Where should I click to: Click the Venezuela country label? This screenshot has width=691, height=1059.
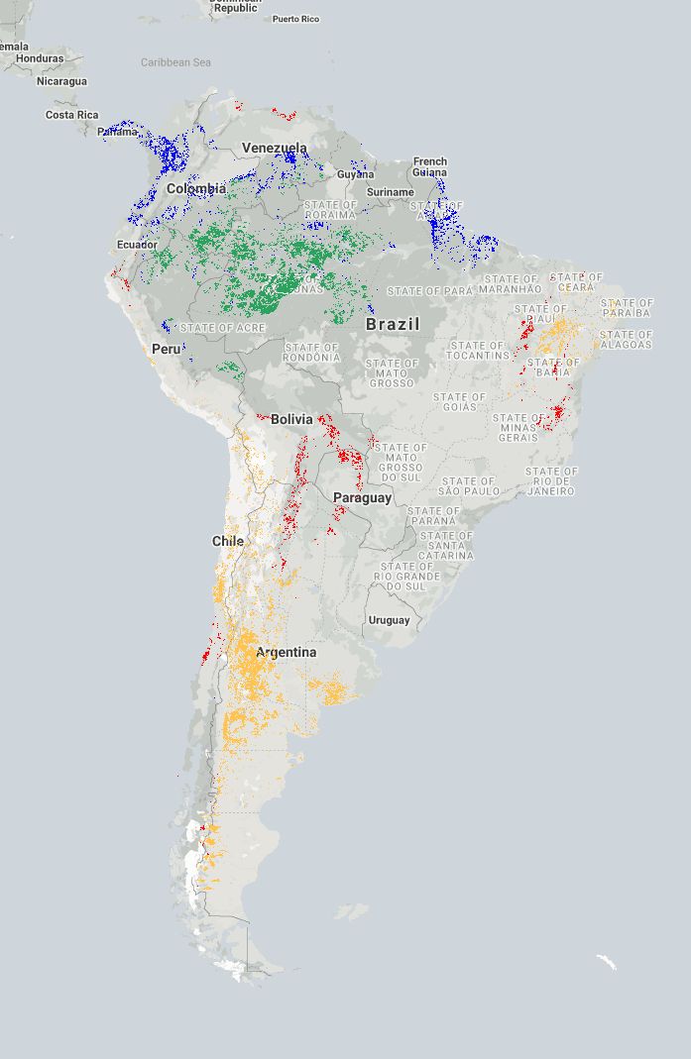(x=275, y=149)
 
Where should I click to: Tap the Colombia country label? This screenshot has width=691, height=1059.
(x=195, y=188)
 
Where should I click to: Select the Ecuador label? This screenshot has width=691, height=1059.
(x=137, y=245)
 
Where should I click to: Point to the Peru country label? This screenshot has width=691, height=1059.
(x=166, y=349)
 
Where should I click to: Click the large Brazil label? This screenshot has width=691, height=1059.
(x=393, y=324)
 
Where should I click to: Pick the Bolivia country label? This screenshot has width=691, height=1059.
(x=291, y=419)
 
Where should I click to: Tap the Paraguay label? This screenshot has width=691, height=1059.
(x=362, y=497)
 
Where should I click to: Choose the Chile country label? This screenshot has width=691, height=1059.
(x=228, y=541)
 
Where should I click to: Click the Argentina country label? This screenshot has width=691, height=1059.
(x=287, y=652)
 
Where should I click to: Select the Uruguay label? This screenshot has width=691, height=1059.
(x=389, y=620)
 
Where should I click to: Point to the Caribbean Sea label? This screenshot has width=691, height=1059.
(x=175, y=62)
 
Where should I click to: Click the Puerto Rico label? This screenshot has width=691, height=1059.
(x=295, y=19)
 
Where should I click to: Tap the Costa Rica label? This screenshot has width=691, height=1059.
(x=71, y=115)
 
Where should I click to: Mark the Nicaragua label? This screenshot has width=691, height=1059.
(x=61, y=81)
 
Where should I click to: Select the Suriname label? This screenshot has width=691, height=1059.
(x=390, y=192)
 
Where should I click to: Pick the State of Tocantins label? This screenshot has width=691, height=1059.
(x=478, y=351)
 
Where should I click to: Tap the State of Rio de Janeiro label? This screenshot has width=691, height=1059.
(x=551, y=481)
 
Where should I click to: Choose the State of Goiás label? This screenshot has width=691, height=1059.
(x=459, y=402)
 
